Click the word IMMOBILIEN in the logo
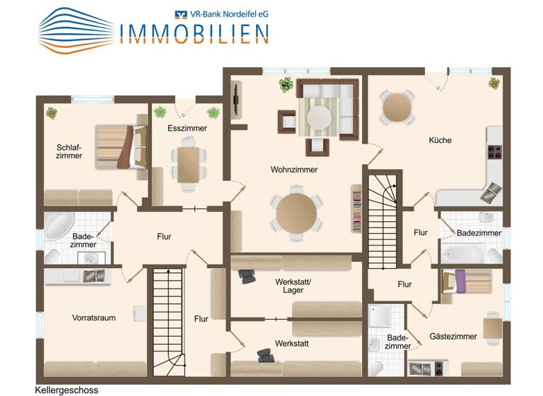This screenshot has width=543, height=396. tap(194, 33)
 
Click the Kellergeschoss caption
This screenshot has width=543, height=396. tap(66, 390)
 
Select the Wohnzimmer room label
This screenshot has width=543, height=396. tap(294, 170)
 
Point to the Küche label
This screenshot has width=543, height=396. tap(440, 140)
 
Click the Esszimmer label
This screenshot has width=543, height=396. tap(187, 129)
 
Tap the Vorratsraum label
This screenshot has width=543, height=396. tap(93, 318)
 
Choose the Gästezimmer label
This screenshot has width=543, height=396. tap(453, 337)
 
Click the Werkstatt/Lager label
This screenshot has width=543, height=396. tap(293, 286)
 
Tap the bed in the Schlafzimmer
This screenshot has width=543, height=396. tap(119, 147)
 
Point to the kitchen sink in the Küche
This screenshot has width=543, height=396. tap(491, 190)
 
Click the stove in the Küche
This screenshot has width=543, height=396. tap(494, 152)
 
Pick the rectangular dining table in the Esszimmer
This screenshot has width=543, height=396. tap(188, 164)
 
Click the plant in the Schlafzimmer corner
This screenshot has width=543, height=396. tap(51, 112)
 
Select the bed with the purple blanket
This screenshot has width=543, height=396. tap(465, 282)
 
